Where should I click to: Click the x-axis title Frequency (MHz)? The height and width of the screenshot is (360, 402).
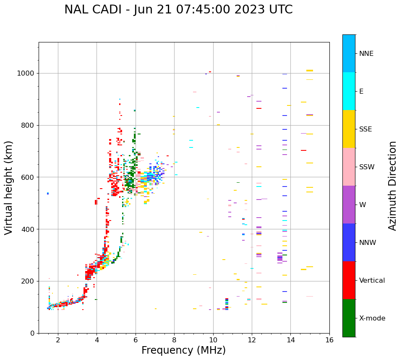pyautogui.click(x=183, y=350)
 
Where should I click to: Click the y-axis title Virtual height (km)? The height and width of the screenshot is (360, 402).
pyautogui.click(x=9, y=188)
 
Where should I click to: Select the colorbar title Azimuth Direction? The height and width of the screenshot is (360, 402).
pyautogui.click(x=392, y=186)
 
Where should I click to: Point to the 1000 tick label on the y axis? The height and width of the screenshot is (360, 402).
pyautogui.click(x=26, y=73)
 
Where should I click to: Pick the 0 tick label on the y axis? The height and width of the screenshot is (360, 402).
pyautogui.click(x=32, y=333)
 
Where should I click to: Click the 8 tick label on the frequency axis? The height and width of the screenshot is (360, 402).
pyautogui.click(x=174, y=340)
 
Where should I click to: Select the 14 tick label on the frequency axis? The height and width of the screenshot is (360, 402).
pyautogui.click(x=290, y=340)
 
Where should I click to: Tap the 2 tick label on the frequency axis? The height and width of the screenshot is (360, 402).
pyautogui.click(x=58, y=340)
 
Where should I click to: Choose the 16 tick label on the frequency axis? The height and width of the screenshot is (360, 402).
pyautogui.click(x=329, y=340)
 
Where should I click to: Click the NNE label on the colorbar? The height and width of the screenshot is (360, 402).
pyautogui.click(x=366, y=54)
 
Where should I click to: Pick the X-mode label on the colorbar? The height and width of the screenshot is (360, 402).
pyautogui.click(x=372, y=318)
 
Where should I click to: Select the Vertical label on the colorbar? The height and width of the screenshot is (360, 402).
pyautogui.click(x=372, y=281)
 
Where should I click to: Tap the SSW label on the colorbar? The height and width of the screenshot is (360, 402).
pyautogui.click(x=367, y=167)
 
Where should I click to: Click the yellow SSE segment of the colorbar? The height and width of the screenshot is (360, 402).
pyautogui.click(x=349, y=129)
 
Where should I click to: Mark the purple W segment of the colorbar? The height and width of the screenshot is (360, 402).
pyautogui.click(x=349, y=205)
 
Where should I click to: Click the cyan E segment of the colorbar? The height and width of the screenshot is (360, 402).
pyautogui.click(x=349, y=91)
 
